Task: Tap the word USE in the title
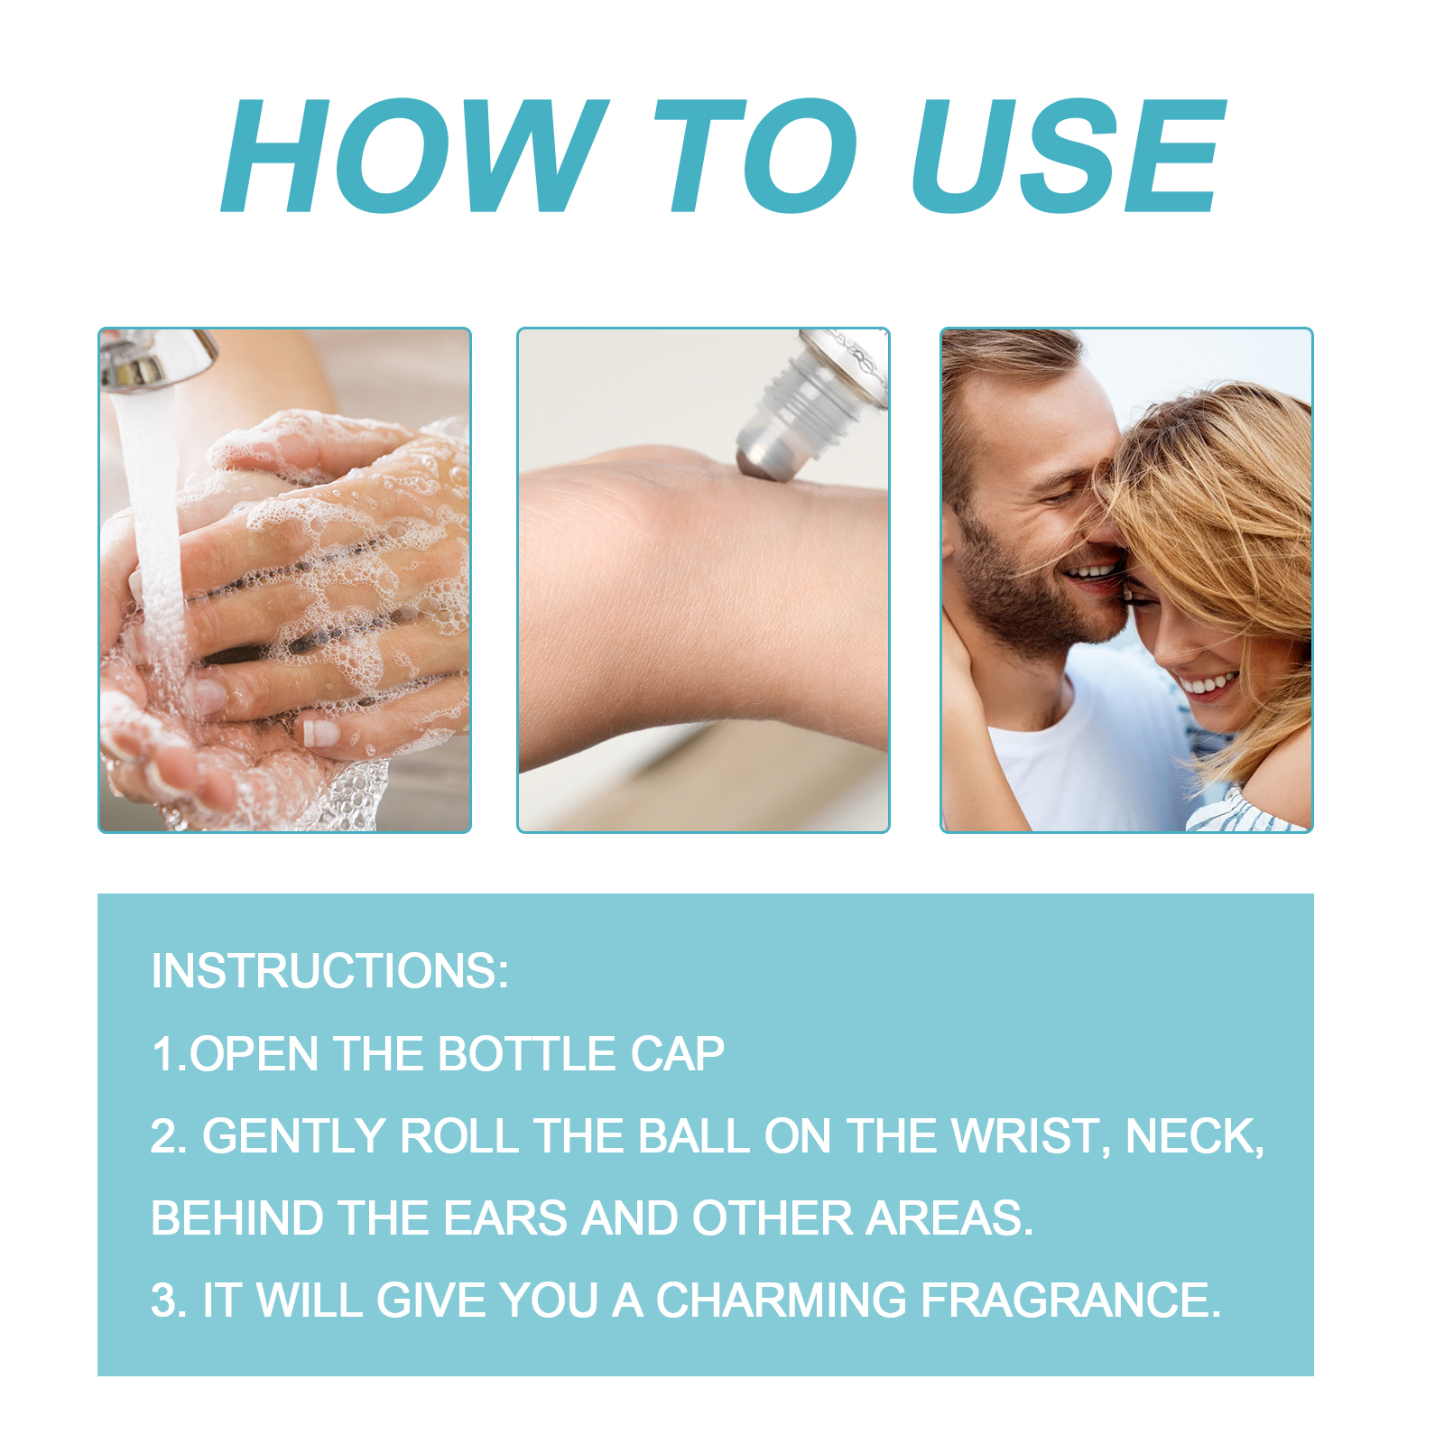click(x=1070, y=155)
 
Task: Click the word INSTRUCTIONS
click(x=329, y=971)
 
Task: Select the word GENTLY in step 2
click(x=294, y=1135)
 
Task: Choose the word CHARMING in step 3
click(x=781, y=1301)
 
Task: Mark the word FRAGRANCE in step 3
click(x=1070, y=1301)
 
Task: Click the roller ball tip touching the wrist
click(x=757, y=460)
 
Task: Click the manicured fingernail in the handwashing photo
click(x=321, y=732)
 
